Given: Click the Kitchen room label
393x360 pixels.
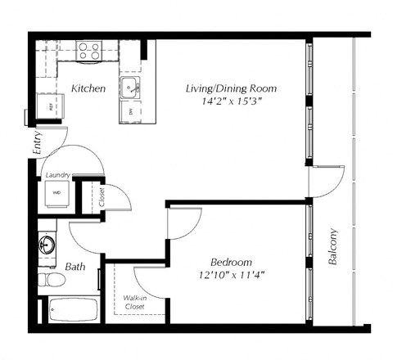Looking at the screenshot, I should (88, 88).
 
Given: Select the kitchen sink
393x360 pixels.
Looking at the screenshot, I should (130, 88).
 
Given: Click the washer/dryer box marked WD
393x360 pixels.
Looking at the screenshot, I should (56, 193).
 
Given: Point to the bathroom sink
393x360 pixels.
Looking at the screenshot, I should (47, 244).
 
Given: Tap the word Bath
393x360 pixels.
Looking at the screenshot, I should (75, 266).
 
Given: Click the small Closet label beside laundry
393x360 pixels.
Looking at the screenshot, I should (102, 197).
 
